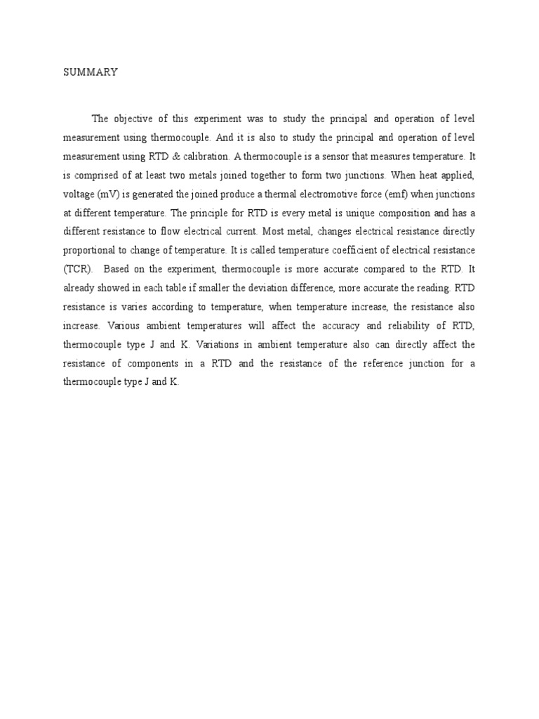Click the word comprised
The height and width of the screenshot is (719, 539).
coord(98,175)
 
